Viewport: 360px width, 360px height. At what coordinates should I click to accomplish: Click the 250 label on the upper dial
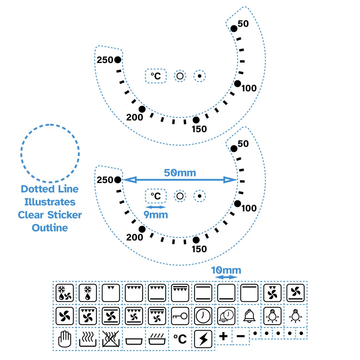click(105, 60)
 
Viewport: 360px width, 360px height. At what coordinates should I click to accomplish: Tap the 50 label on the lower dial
click(243, 144)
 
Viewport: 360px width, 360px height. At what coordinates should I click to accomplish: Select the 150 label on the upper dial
click(199, 129)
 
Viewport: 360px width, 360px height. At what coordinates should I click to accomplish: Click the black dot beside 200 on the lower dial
click(142, 229)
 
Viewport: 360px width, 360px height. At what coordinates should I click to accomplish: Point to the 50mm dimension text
click(180, 173)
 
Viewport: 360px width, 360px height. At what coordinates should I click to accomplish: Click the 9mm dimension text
click(156, 215)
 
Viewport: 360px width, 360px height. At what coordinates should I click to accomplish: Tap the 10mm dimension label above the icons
click(226, 270)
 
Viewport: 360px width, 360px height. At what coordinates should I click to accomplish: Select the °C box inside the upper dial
click(156, 76)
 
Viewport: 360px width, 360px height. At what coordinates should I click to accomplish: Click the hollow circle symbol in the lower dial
click(180, 196)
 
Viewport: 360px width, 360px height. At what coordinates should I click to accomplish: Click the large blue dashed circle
click(50, 154)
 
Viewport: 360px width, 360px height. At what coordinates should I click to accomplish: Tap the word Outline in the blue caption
click(50, 228)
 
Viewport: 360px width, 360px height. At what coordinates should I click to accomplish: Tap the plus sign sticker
click(224, 336)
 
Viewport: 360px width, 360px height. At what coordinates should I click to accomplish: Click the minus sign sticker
click(240, 336)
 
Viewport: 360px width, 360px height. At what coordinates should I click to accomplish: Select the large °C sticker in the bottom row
click(180, 339)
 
